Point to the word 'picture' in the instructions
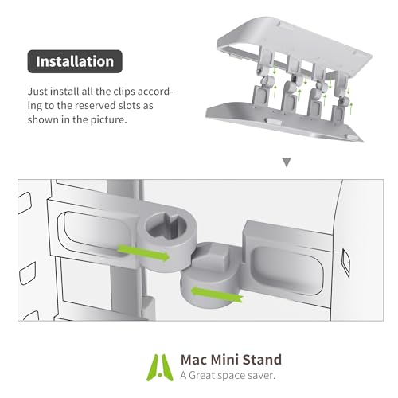[129, 121]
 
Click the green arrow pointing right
[143, 252]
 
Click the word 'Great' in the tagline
[204, 374]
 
